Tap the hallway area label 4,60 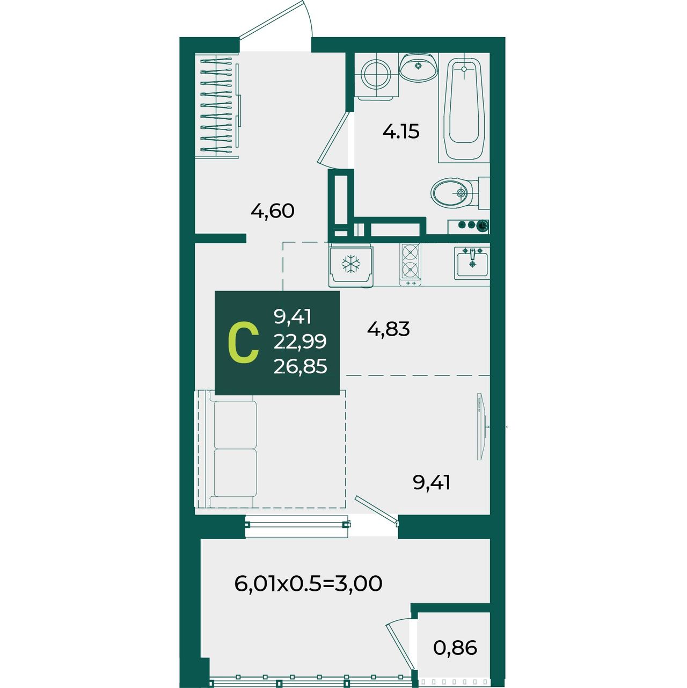coord(272,212)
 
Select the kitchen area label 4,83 coord(388,329)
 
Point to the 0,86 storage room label coord(455,648)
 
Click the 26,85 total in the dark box coord(300,366)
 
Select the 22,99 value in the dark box coord(300,342)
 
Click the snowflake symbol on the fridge coord(351,264)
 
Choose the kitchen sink coord(472,263)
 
